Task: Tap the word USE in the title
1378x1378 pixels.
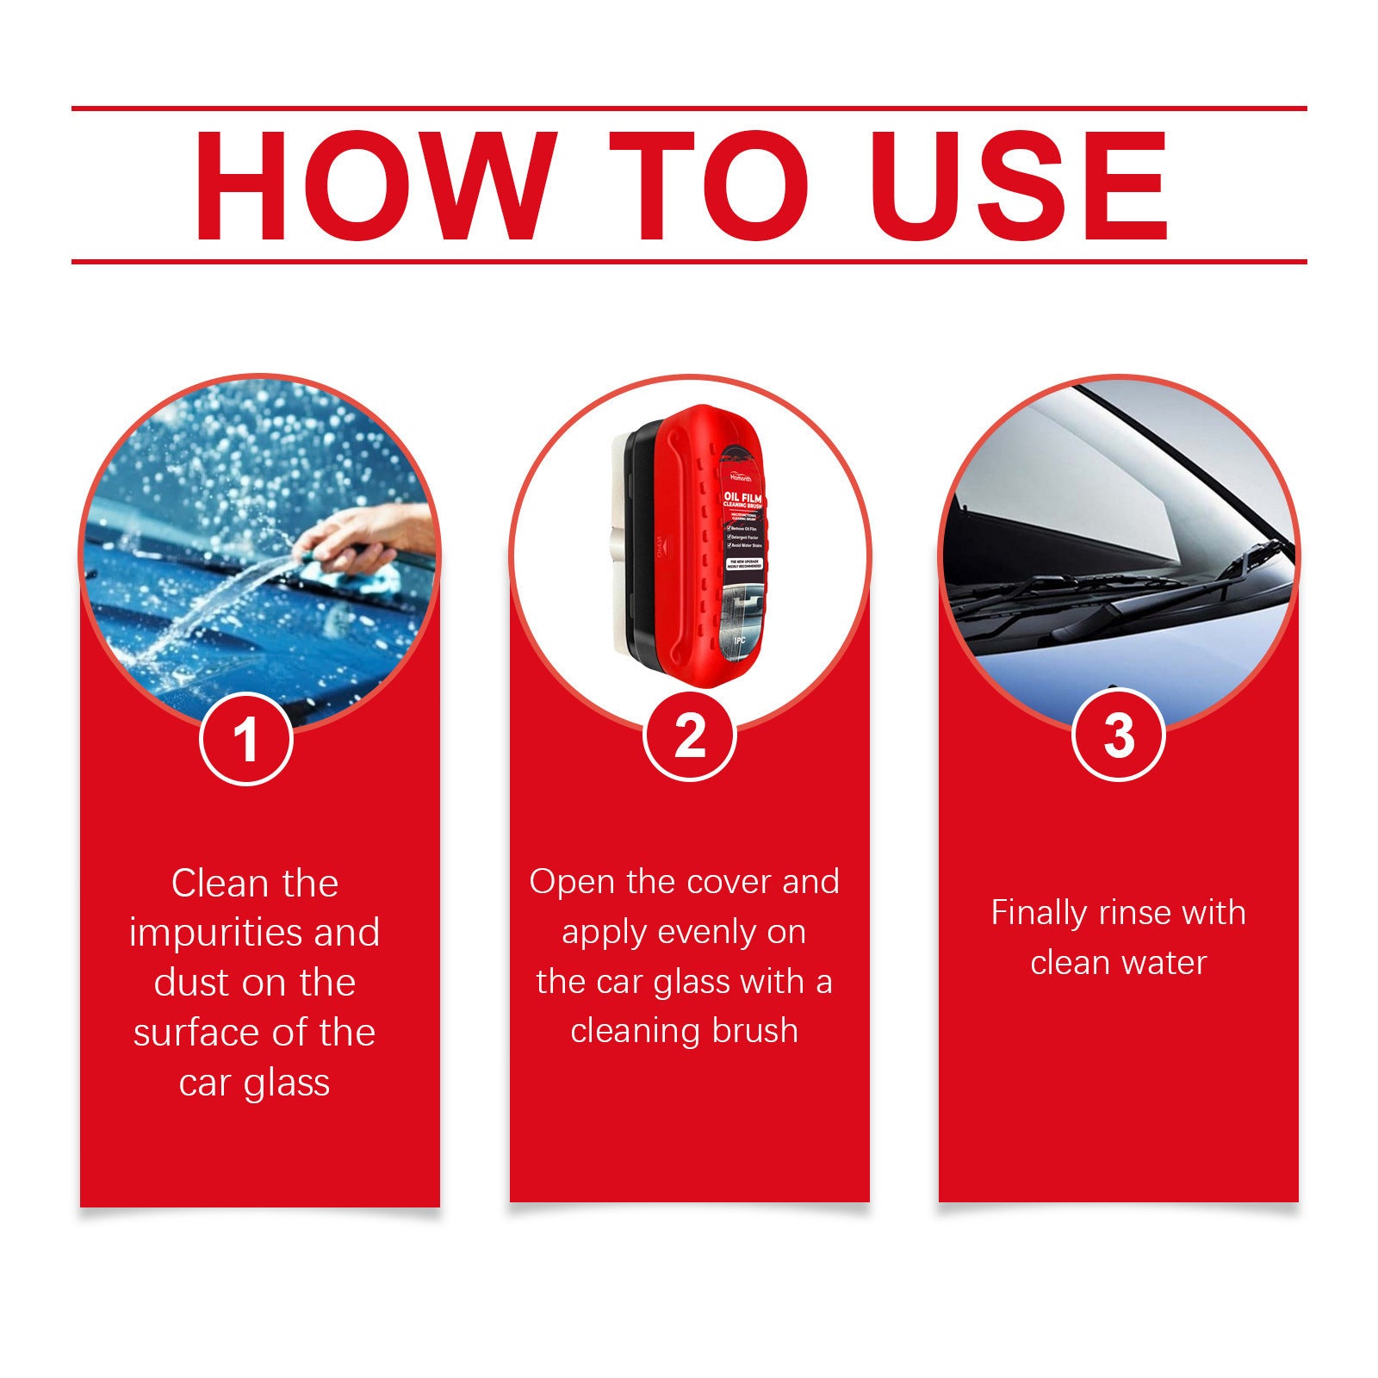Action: tap(1022, 186)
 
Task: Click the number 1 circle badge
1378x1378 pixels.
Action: tap(246, 739)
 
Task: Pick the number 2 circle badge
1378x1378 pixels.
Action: tap(689, 736)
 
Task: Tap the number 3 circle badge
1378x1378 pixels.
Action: tap(1118, 736)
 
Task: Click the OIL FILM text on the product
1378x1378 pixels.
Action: tap(742, 497)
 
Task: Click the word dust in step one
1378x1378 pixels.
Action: tap(192, 983)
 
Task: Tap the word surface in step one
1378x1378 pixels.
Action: tap(182, 1033)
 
